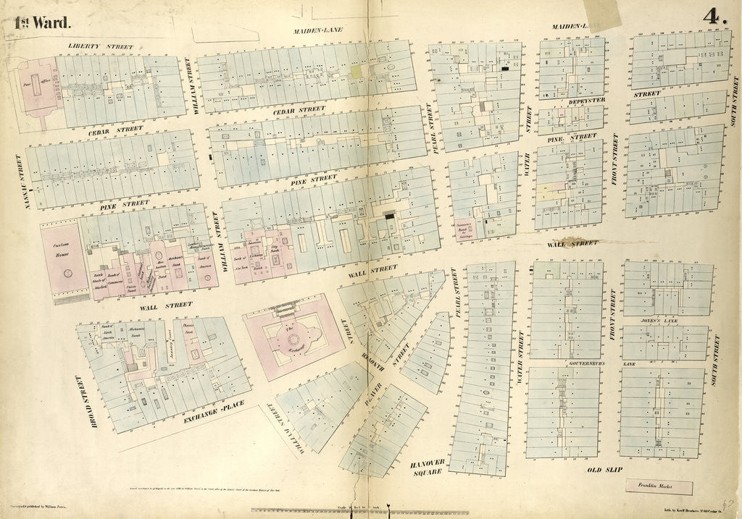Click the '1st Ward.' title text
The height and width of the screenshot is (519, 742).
[x=43, y=22]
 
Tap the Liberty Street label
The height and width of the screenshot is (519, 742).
[x=101, y=46]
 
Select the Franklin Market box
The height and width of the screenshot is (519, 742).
[x=654, y=488]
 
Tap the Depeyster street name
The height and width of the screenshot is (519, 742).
[x=587, y=101]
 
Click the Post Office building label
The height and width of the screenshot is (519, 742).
[x=30, y=84]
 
